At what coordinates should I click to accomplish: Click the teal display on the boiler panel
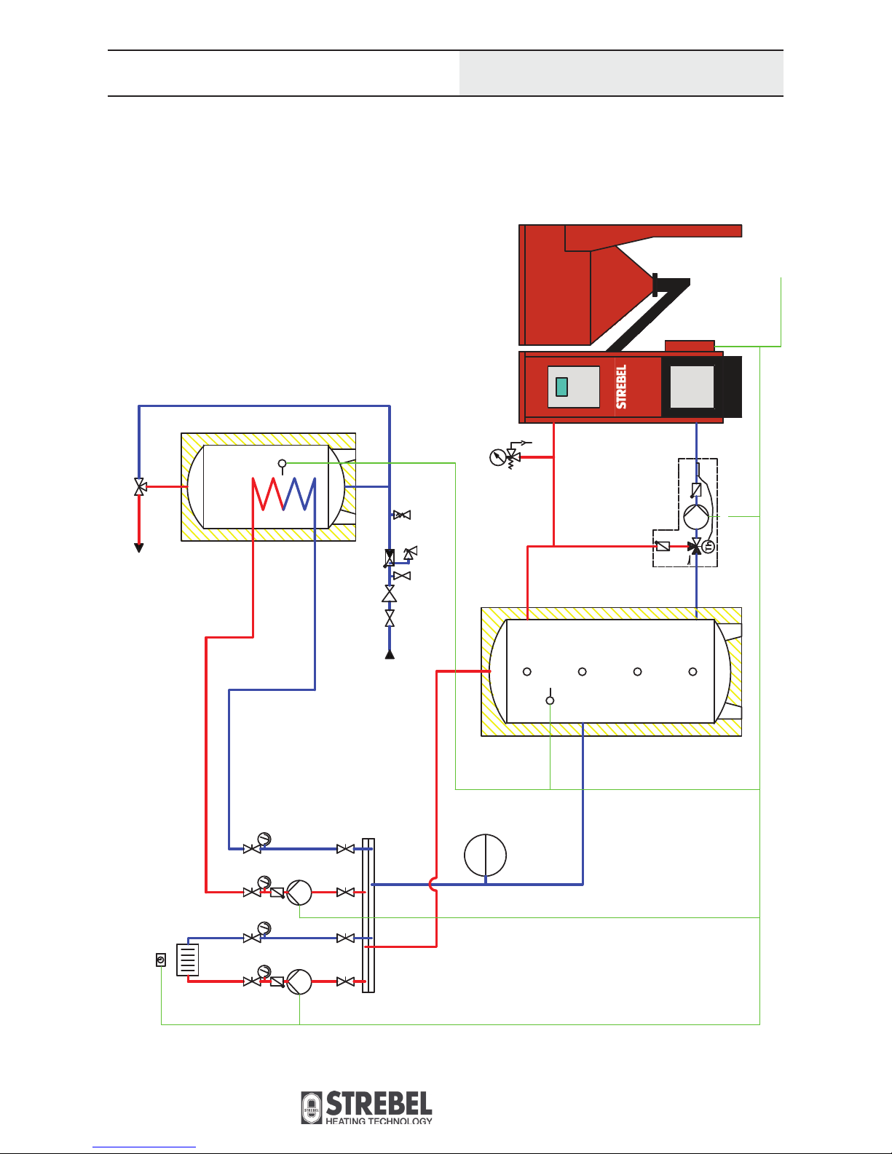coord(561,387)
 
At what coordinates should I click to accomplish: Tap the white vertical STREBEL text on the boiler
coord(621,387)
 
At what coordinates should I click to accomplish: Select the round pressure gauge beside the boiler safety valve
coord(498,457)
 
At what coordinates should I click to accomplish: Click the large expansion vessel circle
coord(485,855)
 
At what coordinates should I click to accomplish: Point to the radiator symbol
coord(187,960)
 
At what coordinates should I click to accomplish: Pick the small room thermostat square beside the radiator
coord(161,960)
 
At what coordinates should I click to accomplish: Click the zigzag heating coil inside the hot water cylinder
coord(283,494)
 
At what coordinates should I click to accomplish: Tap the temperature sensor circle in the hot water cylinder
coord(283,464)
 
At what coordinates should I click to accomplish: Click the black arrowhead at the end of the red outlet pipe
coord(139,548)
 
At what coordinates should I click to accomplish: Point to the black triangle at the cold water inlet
coord(390,655)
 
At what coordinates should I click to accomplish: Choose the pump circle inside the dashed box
coord(696,516)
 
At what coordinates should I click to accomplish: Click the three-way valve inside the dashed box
coord(695,547)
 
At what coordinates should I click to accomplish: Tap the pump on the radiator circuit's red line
coord(299,982)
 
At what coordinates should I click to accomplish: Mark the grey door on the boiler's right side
coord(692,387)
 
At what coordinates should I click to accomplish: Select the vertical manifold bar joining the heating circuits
coord(368,915)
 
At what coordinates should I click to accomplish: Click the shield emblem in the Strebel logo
coord(312,1107)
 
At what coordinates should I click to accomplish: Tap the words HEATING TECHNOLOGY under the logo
coord(379,1121)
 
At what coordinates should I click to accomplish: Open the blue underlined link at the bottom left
coord(144,1147)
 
